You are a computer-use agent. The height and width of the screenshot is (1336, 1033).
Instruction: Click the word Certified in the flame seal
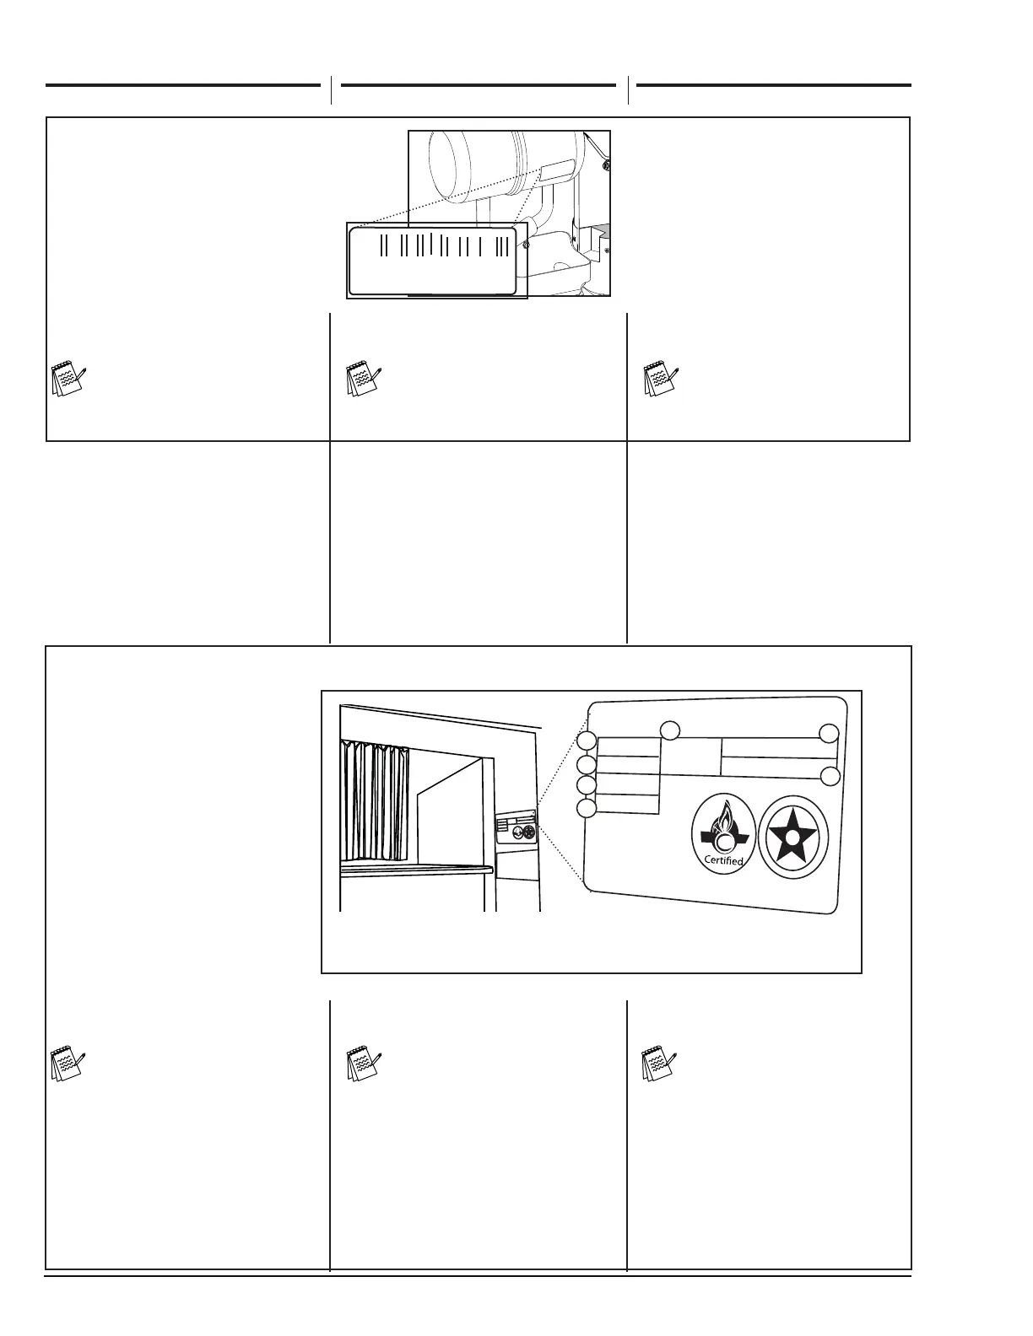click(723, 861)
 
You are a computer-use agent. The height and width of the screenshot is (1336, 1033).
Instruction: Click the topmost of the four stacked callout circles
click(587, 742)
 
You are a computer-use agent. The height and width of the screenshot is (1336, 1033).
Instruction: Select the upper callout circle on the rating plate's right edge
click(830, 734)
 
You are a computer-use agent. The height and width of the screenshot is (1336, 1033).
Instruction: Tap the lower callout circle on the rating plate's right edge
click(830, 776)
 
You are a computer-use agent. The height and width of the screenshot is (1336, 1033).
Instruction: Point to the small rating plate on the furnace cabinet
click(516, 827)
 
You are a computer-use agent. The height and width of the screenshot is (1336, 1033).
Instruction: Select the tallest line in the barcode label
click(432, 243)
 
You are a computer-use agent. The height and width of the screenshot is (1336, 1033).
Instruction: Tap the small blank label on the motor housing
click(554, 174)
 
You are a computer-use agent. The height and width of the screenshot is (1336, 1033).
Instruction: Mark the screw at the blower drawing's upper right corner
click(607, 165)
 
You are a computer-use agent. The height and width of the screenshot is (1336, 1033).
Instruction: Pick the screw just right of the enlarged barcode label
click(525, 245)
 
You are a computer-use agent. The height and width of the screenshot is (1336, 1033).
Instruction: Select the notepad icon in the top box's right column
click(659, 380)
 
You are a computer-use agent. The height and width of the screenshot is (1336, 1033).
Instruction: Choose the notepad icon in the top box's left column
click(67, 380)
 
